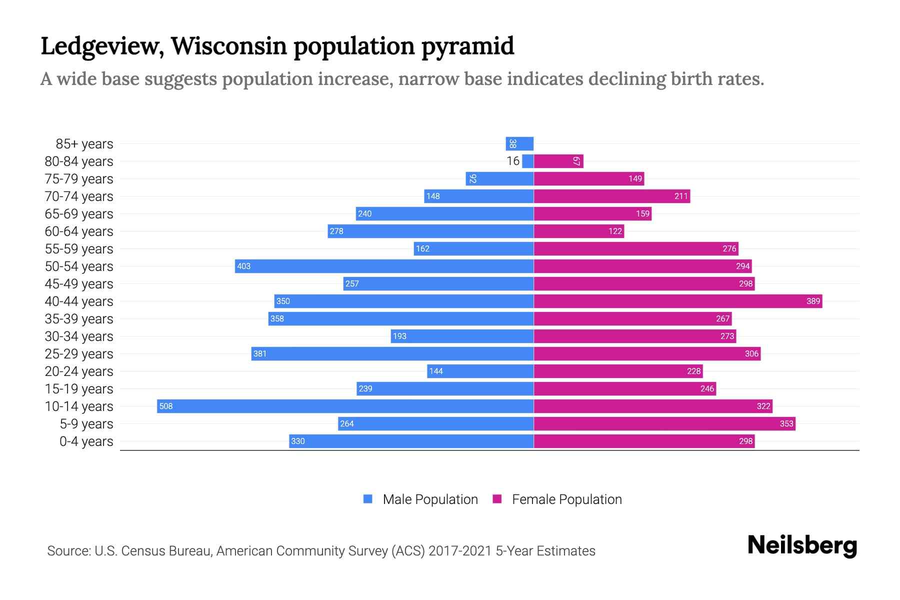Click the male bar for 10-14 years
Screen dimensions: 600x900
pos(345,406)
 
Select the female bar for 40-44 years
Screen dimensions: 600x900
pos(677,301)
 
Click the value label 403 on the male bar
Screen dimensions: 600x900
pos(243,266)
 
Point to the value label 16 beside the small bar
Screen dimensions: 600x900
pos(512,161)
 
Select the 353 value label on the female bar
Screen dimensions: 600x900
pos(786,423)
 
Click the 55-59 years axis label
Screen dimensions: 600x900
pos(79,249)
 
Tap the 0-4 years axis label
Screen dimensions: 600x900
pos(86,441)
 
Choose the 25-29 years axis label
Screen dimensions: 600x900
pos(79,354)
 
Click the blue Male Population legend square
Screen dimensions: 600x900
pos(368,499)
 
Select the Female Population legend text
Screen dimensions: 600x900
pos(566,499)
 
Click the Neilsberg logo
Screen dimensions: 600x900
pos(802,545)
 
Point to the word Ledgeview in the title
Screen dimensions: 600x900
pos(102,46)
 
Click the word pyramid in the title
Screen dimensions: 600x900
pos(467,46)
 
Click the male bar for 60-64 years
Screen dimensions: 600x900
pos(430,231)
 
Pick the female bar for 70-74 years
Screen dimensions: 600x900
pos(611,196)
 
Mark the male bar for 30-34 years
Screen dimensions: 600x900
pos(462,336)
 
